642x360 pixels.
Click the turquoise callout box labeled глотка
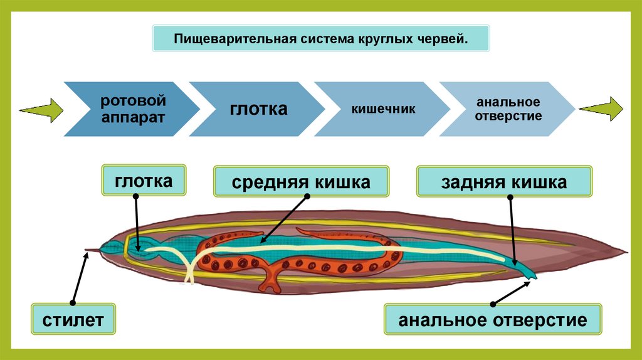tap(144, 182)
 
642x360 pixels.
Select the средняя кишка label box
tap(301, 182)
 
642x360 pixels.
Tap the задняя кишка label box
tap(504, 182)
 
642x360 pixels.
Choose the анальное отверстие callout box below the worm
tap(493, 320)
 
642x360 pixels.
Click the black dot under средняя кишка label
tap(308, 196)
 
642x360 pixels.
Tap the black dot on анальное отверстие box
tap(493, 305)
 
